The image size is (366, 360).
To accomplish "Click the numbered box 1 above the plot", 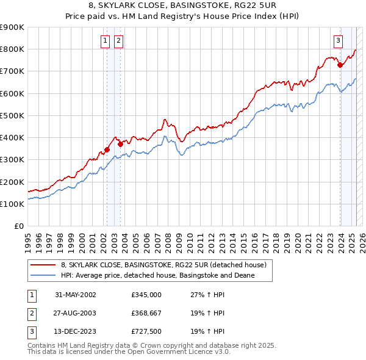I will coord(106,41).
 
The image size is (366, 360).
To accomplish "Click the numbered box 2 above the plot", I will coord(118,41).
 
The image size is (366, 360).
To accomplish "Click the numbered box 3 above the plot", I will coord(337,41).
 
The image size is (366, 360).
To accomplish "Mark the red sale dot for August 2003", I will coord(120,144).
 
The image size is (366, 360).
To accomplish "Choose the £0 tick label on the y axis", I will coord(18,226).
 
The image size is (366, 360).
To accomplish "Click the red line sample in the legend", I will coord(43,265).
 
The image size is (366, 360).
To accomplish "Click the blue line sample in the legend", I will coord(43,276).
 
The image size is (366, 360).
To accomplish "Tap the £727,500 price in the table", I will coord(146,332).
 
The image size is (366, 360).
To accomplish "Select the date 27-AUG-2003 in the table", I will coord(76,313).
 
